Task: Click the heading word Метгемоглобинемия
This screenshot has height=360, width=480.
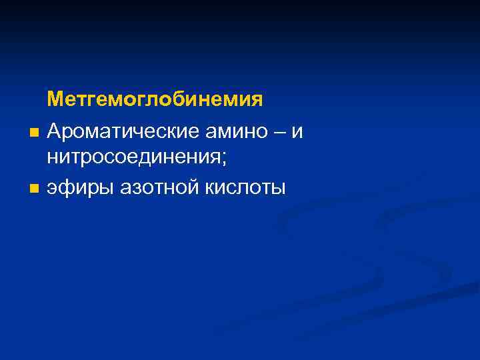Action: pos(155,101)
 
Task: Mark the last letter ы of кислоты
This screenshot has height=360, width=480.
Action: pos(279,189)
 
